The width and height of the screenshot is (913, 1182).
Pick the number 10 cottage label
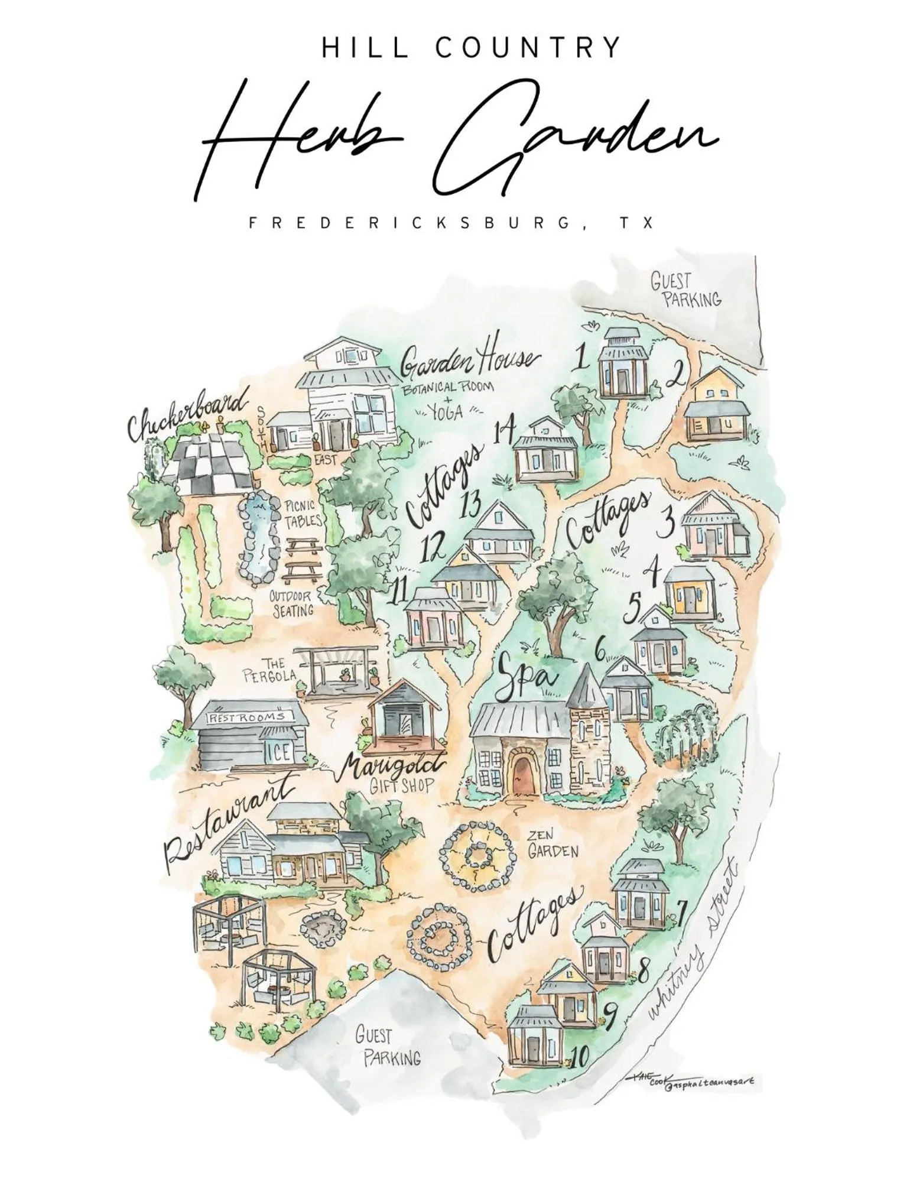(579, 1056)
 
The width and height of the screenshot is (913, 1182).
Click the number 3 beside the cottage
(668, 521)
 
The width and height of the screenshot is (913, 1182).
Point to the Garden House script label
(469, 361)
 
